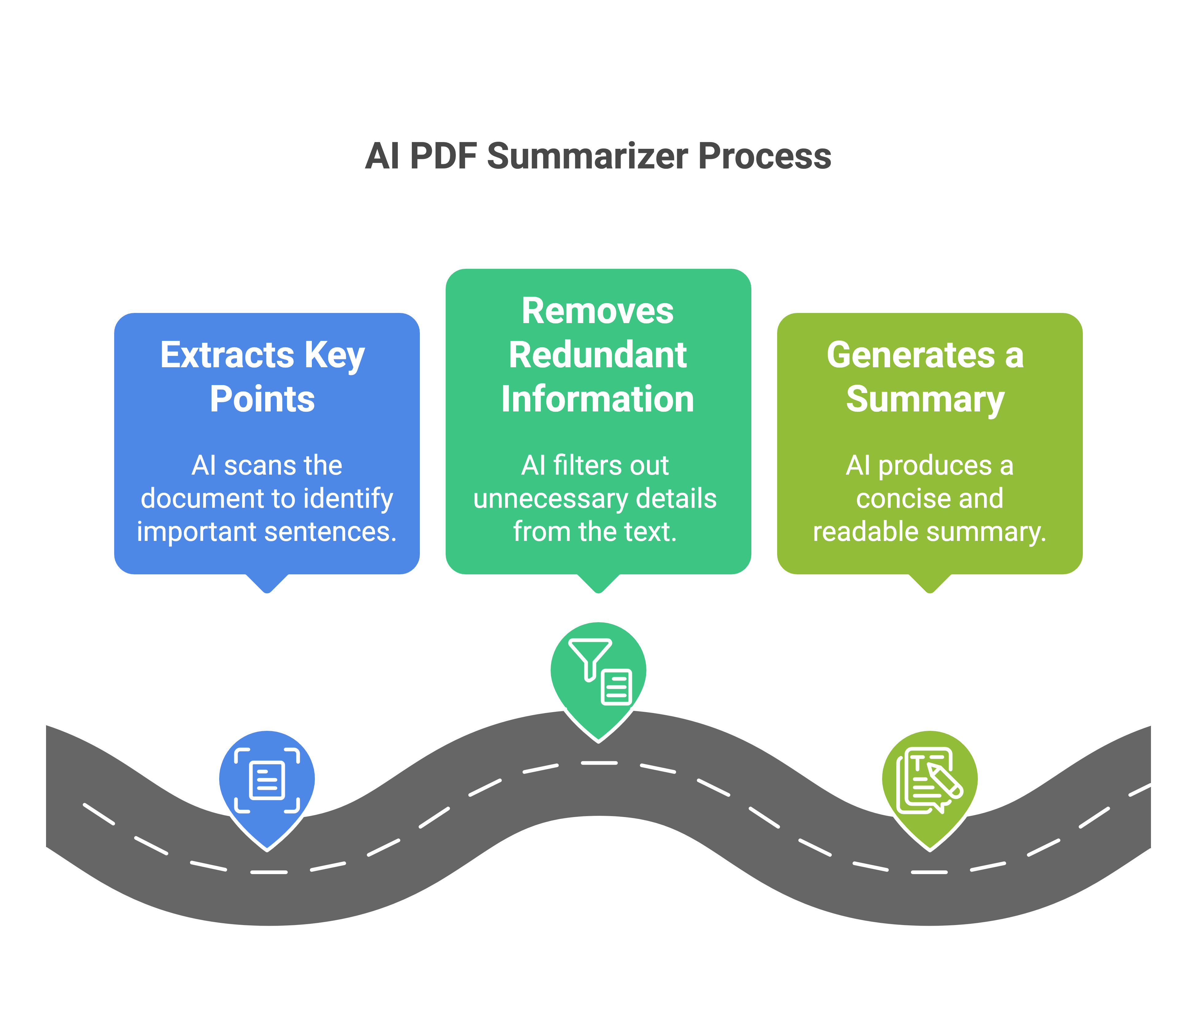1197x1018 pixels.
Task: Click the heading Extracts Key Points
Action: click(x=263, y=376)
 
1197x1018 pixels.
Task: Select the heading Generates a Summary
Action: click(x=925, y=376)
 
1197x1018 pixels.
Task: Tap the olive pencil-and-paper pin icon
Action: click(x=929, y=782)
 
